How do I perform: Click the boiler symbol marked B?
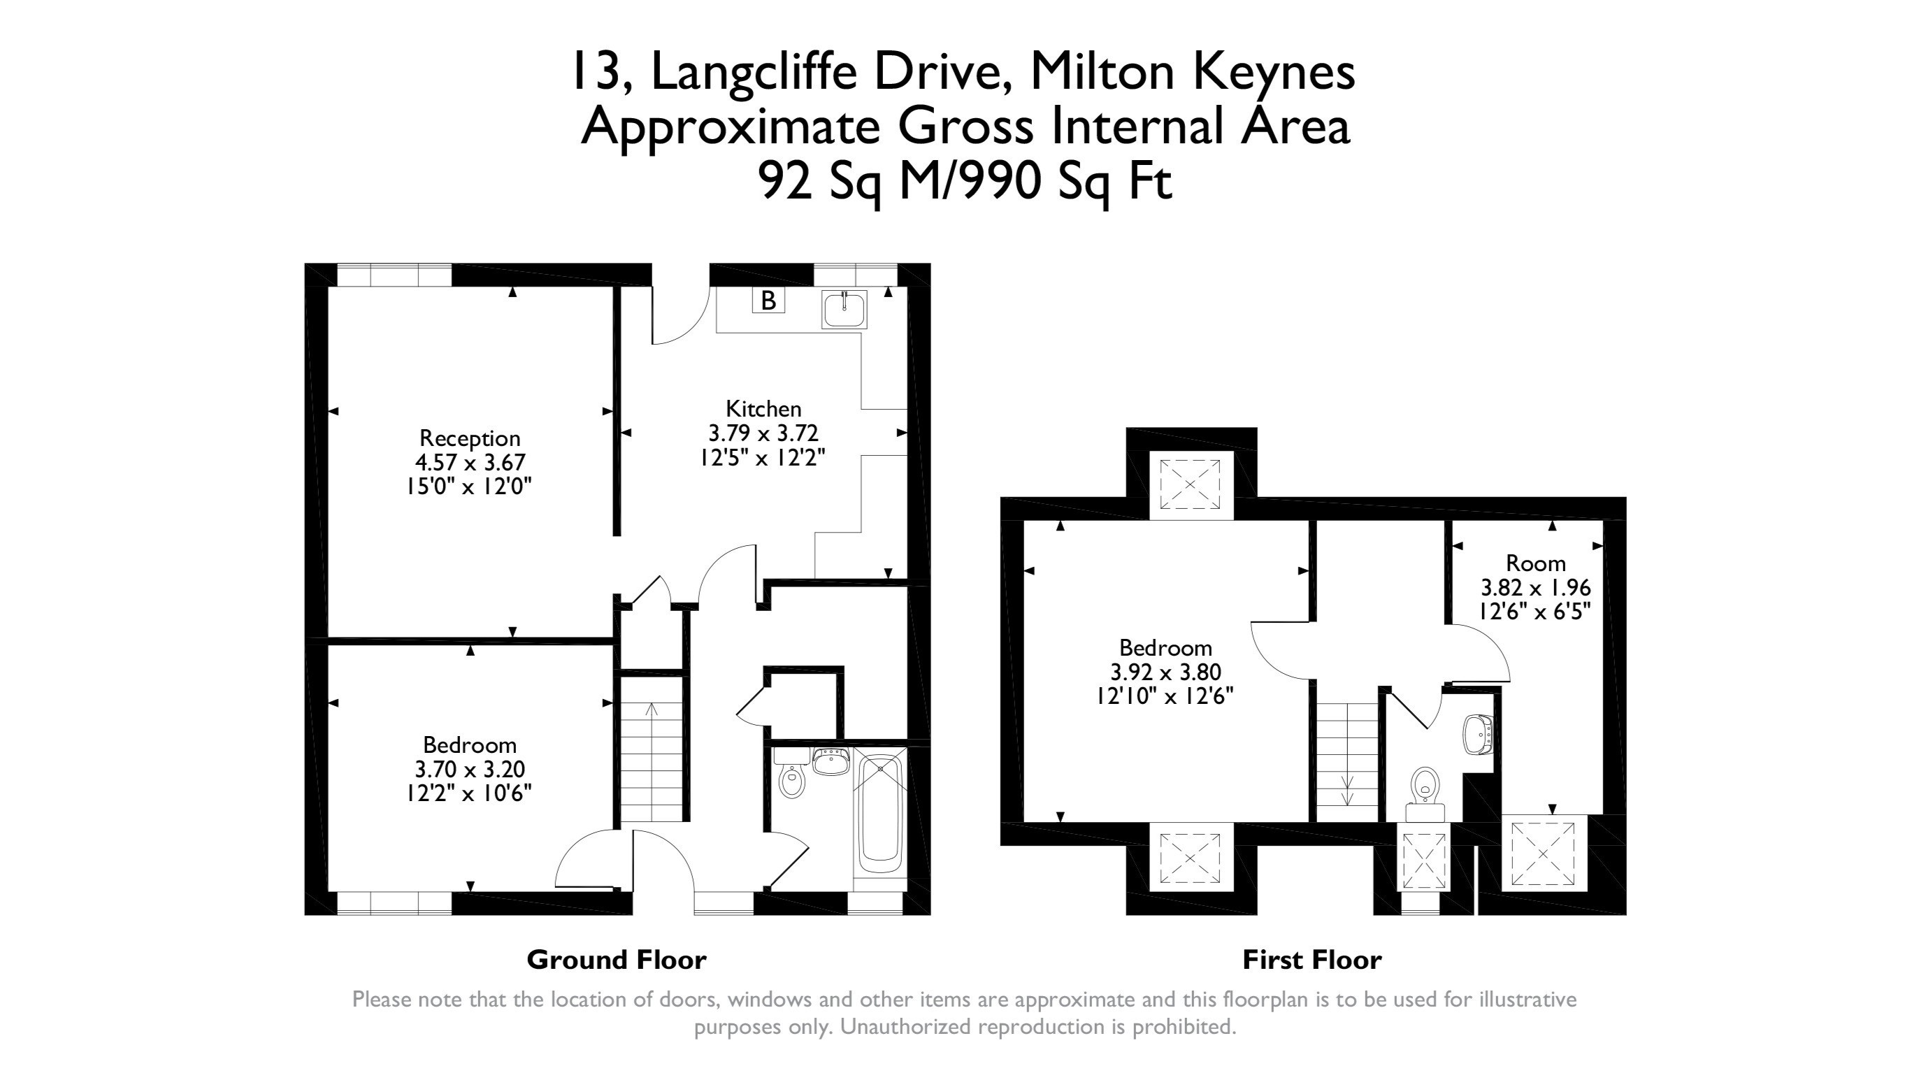[768, 301]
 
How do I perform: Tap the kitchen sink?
[844, 310]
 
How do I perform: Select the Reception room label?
[470, 438]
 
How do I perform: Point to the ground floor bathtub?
[879, 813]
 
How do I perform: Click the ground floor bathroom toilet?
[792, 780]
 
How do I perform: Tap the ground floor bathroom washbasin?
[831, 761]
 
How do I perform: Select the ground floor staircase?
[652, 761]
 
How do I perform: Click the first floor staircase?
[1347, 761]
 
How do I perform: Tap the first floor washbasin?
[1477, 735]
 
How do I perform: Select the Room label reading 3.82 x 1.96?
[1536, 588]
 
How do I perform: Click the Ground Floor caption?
[616, 960]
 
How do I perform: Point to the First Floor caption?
[1311, 960]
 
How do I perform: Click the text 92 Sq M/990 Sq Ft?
[965, 182]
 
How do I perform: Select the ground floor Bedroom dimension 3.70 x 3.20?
[470, 769]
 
